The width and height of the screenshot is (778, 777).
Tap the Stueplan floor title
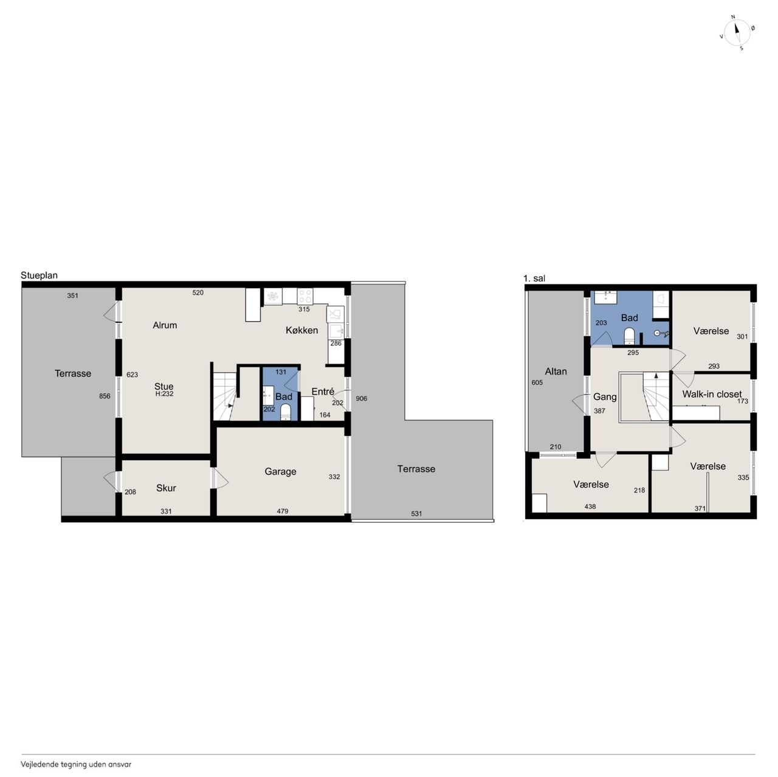pyautogui.click(x=39, y=275)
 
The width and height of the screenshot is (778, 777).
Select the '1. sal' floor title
pyautogui.click(x=534, y=278)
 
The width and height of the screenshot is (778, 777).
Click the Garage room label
pyautogui.click(x=280, y=471)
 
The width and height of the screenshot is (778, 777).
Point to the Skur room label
pyautogui.click(x=166, y=488)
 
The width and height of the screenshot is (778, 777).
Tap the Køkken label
pyautogui.click(x=301, y=330)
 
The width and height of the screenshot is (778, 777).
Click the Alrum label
pyautogui.click(x=165, y=325)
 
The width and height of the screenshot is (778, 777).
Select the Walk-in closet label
pyautogui.click(x=712, y=394)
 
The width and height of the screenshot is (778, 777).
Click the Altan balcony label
pyautogui.click(x=556, y=371)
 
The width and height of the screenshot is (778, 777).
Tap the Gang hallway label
pyautogui.click(x=604, y=397)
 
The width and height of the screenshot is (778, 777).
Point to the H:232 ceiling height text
pyautogui.click(x=164, y=394)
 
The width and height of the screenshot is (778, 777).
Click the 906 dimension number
pyautogui.click(x=361, y=399)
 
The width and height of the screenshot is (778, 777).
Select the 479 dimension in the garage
pyautogui.click(x=282, y=511)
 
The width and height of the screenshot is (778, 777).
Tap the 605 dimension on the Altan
pyautogui.click(x=537, y=382)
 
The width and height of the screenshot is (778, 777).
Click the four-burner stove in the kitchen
pyautogui.click(x=305, y=297)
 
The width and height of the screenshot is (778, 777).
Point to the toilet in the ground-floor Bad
pyautogui.click(x=286, y=412)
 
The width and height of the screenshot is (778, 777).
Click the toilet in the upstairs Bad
pyautogui.click(x=629, y=337)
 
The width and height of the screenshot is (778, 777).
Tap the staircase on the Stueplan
pyautogui.click(x=225, y=396)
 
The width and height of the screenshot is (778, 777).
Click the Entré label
pyautogui.click(x=323, y=392)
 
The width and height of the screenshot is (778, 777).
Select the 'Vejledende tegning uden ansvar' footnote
pyautogui.click(x=76, y=764)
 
